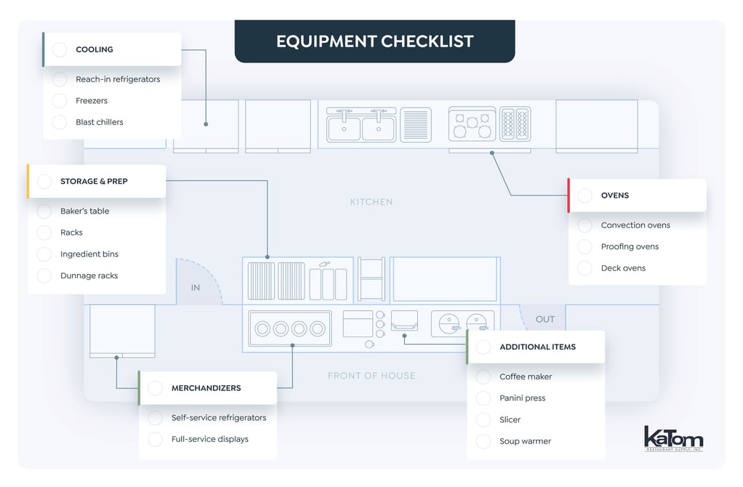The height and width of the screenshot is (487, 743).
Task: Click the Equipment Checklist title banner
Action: pyautogui.click(x=374, y=41)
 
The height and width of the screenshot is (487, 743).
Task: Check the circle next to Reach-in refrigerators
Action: pyautogui.click(x=60, y=79)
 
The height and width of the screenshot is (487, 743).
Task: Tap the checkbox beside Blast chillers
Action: pyautogui.click(x=60, y=122)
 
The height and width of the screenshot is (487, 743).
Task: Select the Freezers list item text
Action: pyautogui.click(x=92, y=101)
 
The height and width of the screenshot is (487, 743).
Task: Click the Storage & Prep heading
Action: pyautogui.click(x=94, y=181)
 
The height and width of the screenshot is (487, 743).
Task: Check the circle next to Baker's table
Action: pyautogui.click(x=44, y=212)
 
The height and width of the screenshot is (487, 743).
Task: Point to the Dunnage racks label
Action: pyautogui.click(x=89, y=275)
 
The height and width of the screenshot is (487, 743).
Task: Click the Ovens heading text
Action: pyautogui.click(x=614, y=196)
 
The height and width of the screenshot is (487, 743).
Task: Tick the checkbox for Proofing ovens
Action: pyautogui.click(x=585, y=246)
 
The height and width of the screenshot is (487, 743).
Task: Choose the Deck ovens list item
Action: pyautogui.click(x=623, y=268)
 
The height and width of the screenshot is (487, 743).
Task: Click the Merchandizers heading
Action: pyautogui.click(x=206, y=388)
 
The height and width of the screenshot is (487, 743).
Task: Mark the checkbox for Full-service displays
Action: pyautogui.click(x=155, y=439)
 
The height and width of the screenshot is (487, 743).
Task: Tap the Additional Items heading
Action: pyautogui.click(x=537, y=347)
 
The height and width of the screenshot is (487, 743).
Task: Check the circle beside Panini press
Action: pyautogui.click(x=483, y=398)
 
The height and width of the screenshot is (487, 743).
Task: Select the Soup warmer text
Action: pyautogui.click(x=525, y=441)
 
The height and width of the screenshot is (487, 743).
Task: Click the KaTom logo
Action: pyautogui.click(x=673, y=438)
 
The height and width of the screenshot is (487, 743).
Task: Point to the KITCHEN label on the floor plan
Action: pyautogui.click(x=371, y=202)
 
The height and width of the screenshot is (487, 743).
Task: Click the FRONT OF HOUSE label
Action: pyautogui.click(x=371, y=376)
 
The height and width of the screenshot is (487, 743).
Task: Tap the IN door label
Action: pyautogui.click(x=196, y=288)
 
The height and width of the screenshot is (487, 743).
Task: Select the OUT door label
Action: pyautogui.click(x=545, y=319)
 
